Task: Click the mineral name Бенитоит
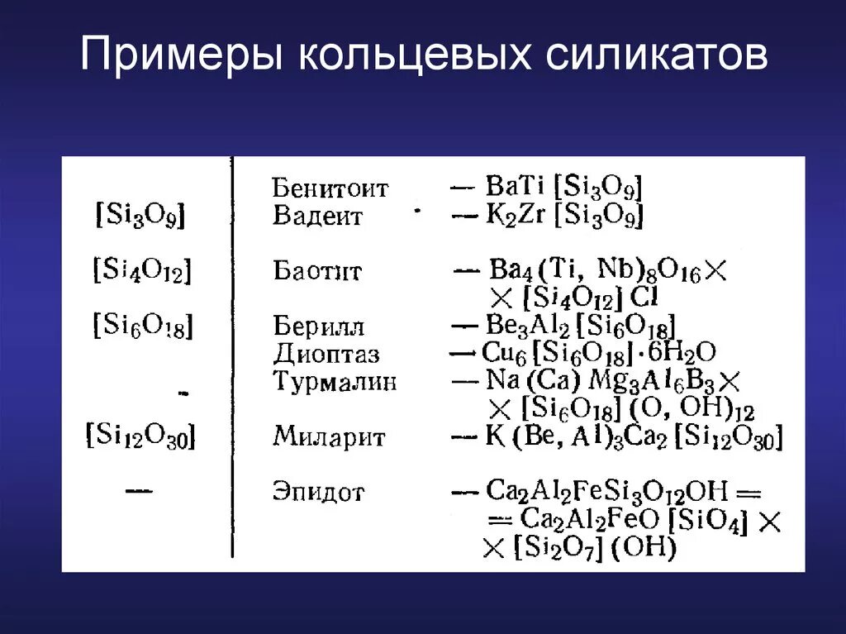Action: click(x=330, y=188)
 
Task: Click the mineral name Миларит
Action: click(x=329, y=436)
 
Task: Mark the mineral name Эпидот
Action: click(x=318, y=493)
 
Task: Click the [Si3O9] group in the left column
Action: click(x=140, y=217)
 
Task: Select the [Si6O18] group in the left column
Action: click(x=142, y=326)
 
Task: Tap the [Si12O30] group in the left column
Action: click(x=140, y=436)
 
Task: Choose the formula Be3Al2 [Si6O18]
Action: click(x=582, y=325)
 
